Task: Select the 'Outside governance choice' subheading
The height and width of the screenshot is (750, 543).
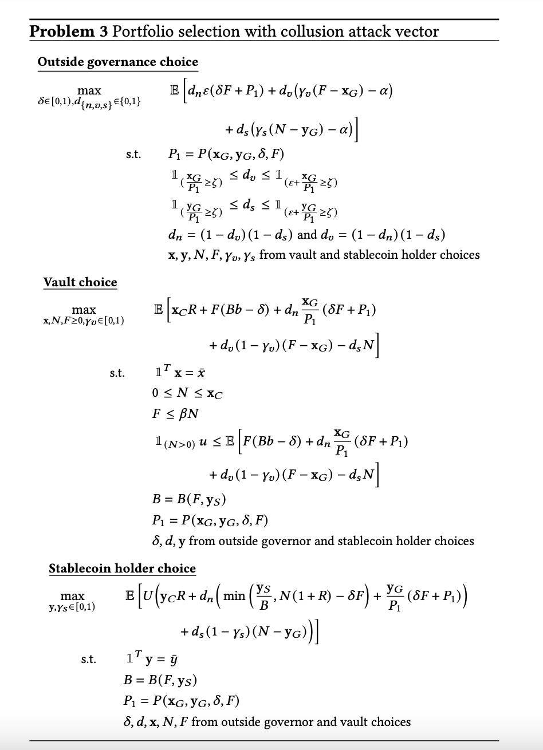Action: click(117, 62)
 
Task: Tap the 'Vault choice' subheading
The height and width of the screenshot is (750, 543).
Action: click(80, 282)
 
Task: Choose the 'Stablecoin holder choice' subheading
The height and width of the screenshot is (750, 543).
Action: click(122, 569)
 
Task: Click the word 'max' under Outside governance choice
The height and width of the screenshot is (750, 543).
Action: click(89, 90)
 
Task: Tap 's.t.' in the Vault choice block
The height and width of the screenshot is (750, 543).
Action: click(117, 373)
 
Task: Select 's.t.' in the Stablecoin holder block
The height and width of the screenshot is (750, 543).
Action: click(89, 660)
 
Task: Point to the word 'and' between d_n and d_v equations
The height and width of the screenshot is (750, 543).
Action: click(308, 235)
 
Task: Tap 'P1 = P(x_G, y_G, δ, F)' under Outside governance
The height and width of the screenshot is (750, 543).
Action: click(226, 154)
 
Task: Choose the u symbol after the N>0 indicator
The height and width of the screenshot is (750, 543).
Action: click(202, 443)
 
